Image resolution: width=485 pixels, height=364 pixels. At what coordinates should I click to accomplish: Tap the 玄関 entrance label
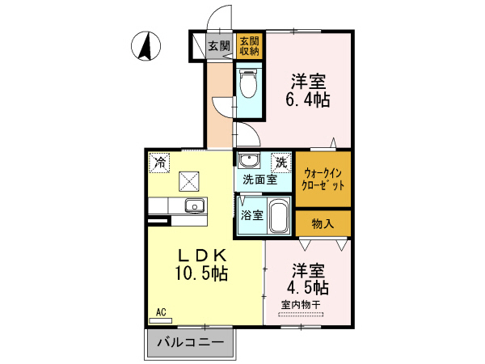coord(219,46)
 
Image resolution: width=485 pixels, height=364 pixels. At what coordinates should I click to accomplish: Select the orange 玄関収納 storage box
coord(250,46)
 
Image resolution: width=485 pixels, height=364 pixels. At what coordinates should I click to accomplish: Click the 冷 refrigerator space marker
coord(159,163)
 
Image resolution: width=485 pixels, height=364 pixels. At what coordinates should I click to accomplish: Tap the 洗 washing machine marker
coord(280,162)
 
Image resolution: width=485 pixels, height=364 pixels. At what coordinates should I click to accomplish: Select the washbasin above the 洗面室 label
coord(249,160)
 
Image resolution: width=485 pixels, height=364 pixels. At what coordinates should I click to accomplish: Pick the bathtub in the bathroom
coord(279,215)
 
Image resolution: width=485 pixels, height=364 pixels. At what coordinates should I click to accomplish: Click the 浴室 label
coord(251,215)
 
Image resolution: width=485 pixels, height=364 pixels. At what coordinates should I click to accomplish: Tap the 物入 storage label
coord(323,222)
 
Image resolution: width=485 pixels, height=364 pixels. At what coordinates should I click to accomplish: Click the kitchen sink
coord(194,205)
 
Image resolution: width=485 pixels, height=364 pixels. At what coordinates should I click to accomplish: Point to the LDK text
coord(201,254)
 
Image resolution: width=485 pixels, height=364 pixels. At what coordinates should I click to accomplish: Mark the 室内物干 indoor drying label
coord(301,304)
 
